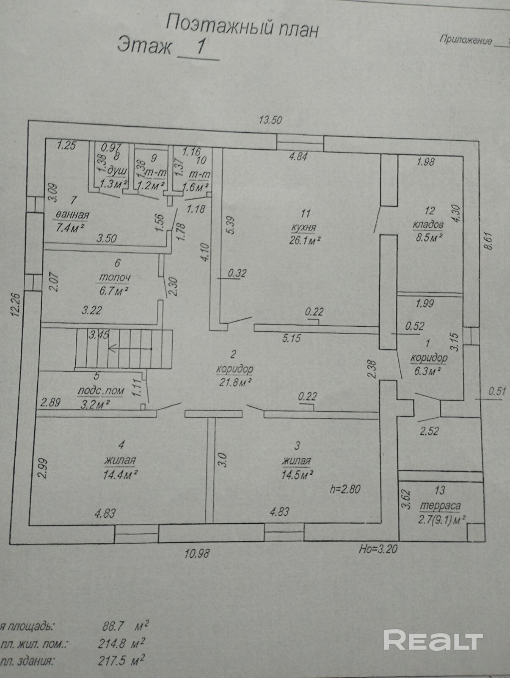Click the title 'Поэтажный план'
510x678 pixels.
pyautogui.click(x=242, y=26)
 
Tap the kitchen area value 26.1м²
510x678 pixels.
pyautogui.click(x=304, y=240)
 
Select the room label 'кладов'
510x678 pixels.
pyautogui.click(x=428, y=224)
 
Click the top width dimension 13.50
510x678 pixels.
pyautogui.click(x=270, y=120)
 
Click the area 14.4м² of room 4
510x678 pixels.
pyautogui.click(x=121, y=475)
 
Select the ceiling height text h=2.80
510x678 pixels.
pyautogui.click(x=345, y=489)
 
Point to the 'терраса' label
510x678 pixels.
pyautogui.click(x=440, y=506)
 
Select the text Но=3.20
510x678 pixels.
pyautogui.click(x=378, y=549)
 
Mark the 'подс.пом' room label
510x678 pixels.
pyautogui.click(x=101, y=390)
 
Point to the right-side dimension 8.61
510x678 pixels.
pyautogui.click(x=490, y=242)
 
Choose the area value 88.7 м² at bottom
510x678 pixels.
pyautogui.click(x=123, y=626)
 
